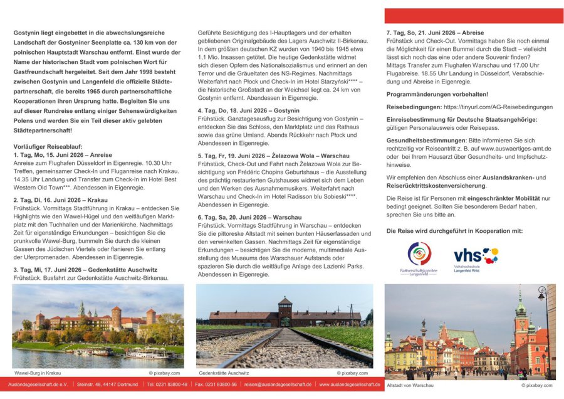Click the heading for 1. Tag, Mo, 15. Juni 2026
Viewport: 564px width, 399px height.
tap(62, 155)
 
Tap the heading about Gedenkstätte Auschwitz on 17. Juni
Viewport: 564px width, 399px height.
tap(86, 269)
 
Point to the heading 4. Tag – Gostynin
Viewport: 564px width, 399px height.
tap(249, 110)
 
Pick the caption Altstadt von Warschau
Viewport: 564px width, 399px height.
tap(410, 385)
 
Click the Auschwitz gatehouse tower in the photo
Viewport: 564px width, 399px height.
tap(285, 308)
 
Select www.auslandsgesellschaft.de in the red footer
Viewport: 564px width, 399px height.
tap(350, 385)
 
